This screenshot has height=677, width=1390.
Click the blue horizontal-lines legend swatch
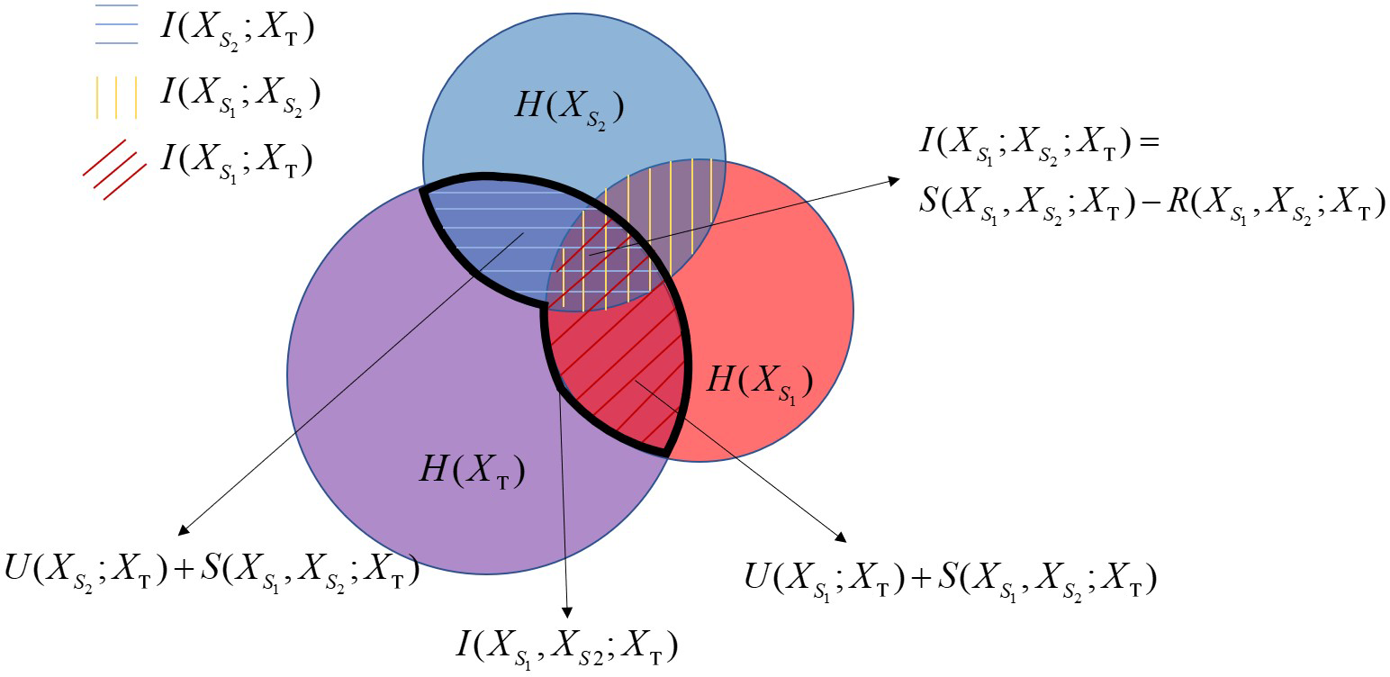point(116,24)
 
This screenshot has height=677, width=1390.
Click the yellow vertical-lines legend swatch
point(116,97)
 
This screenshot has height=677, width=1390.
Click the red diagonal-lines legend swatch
point(115,169)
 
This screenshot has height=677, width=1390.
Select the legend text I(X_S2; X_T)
point(237,29)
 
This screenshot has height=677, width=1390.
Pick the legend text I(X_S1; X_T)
point(236,160)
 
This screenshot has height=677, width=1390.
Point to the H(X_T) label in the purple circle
point(473,471)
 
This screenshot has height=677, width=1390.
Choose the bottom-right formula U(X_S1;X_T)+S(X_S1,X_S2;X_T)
point(951,578)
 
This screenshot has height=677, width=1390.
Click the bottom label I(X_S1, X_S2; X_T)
point(566,648)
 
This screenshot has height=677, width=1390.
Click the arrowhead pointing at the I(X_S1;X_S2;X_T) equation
point(894,181)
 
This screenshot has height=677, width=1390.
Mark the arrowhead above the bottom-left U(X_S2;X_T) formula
point(183,530)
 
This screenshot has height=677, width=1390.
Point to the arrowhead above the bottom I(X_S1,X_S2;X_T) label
point(566,612)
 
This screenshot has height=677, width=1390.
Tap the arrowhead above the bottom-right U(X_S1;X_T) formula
point(841,537)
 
